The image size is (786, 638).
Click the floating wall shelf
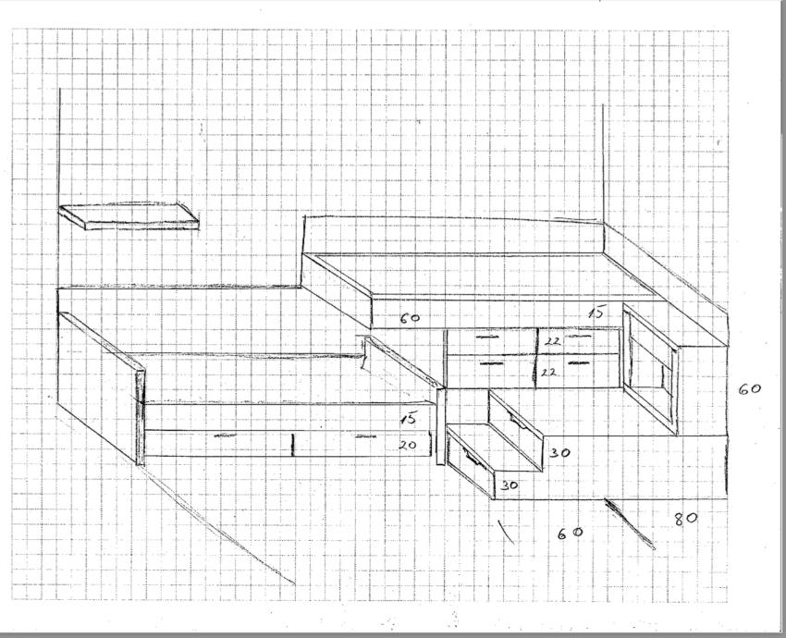click(129, 215)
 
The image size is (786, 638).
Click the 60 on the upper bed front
click(410, 318)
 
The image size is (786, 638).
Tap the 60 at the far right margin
click(749, 389)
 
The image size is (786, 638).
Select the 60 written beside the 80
click(570, 533)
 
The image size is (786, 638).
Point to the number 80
click(684, 519)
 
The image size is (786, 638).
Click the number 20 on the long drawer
click(408, 446)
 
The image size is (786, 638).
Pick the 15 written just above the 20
click(408, 419)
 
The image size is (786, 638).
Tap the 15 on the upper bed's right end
click(597, 314)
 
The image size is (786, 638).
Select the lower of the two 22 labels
click(548, 372)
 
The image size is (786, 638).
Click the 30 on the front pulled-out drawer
click(510, 485)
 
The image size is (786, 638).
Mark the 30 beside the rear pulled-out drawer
click(558, 453)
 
